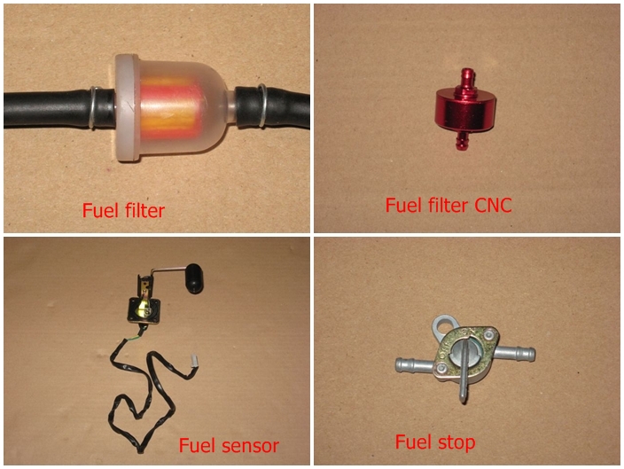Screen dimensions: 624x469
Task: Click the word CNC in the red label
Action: (493, 206)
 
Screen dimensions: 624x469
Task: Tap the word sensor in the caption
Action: (250, 446)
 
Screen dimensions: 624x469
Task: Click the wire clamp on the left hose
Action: (93, 107)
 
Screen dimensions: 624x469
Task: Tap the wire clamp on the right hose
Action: (261, 106)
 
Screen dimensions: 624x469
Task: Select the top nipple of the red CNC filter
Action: (466, 80)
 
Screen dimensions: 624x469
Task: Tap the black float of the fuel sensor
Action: (194, 278)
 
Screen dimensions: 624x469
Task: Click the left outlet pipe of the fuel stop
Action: (414, 363)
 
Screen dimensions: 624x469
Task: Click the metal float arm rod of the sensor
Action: (168, 270)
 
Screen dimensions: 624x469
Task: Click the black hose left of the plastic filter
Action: (48, 109)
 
